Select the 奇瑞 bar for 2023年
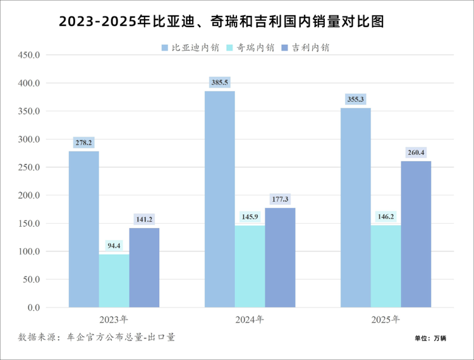coord(114,280)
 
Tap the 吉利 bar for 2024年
coord(280,258)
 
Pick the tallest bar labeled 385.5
coord(219,199)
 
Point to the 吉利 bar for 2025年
coord(416,234)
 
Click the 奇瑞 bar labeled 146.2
coord(386,266)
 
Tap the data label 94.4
coord(114,246)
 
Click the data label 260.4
coord(416,152)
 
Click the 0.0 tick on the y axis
coord(33,308)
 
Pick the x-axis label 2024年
coord(250,320)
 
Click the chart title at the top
coord(221,21)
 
